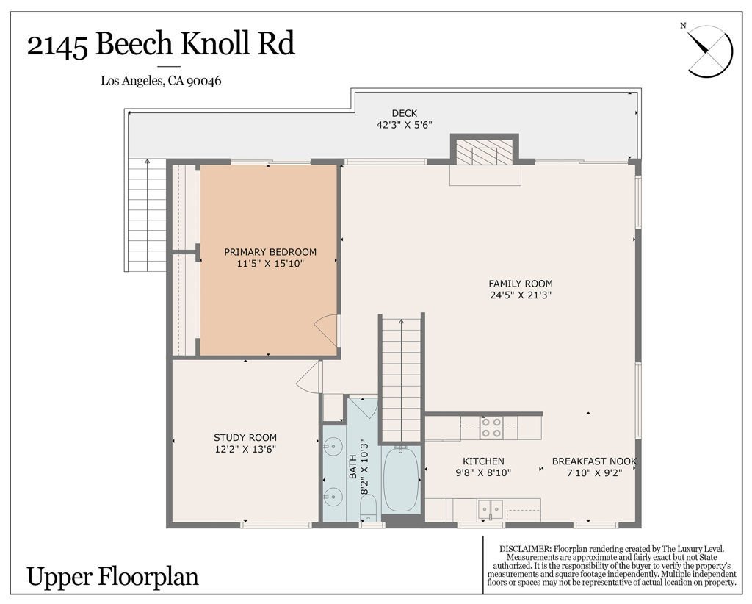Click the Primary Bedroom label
tap(270, 252)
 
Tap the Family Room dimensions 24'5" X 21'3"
tap(521, 295)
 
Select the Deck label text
tap(405, 113)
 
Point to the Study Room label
tap(245, 437)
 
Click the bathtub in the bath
tap(401, 478)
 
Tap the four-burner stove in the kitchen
tap(491, 428)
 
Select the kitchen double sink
tap(490, 509)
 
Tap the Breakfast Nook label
tap(594, 461)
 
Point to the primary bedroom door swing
tap(327, 330)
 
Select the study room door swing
tap(308, 377)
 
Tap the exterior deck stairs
tap(147, 215)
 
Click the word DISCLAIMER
tap(524, 549)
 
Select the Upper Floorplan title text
tap(112, 576)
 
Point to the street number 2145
tap(57, 46)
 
